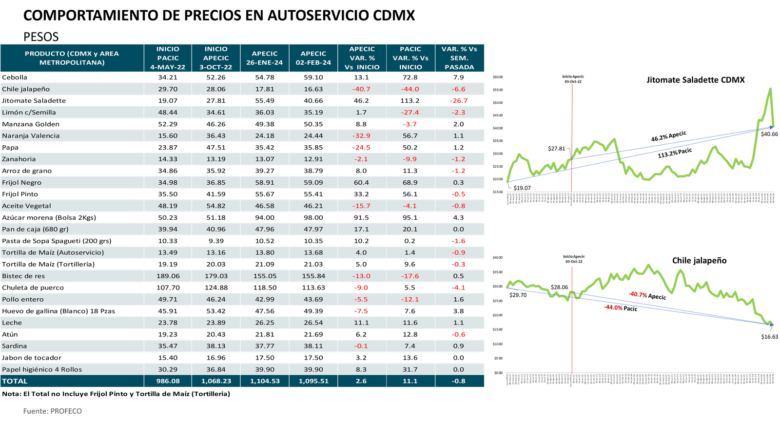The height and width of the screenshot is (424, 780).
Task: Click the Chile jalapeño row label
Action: [x=26, y=89]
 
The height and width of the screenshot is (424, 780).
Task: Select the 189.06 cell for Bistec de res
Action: [x=168, y=276]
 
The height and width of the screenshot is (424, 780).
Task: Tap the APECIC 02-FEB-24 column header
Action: [x=313, y=58]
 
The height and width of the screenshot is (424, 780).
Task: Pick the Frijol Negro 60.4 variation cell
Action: [x=361, y=183]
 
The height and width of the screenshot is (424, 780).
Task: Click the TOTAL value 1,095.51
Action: [x=313, y=381]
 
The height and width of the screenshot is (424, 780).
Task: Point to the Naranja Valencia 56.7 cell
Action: [x=410, y=136]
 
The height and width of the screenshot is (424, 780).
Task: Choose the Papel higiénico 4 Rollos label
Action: [x=42, y=369]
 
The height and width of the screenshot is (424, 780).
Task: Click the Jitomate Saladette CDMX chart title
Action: [x=695, y=80]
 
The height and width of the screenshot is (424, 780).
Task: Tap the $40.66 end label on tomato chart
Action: [x=769, y=134]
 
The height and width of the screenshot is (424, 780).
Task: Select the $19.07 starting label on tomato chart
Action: [x=522, y=188]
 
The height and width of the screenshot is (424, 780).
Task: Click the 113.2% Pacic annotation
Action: [x=675, y=153]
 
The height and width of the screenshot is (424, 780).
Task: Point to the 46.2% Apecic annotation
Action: [x=668, y=136]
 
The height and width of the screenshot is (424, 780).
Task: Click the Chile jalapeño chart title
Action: [x=699, y=260]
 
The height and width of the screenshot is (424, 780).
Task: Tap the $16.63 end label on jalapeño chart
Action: [x=769, y=337]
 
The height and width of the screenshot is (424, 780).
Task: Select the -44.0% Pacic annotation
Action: [x=621, y=308]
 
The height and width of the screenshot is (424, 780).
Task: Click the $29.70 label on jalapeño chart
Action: [x=518, y=295]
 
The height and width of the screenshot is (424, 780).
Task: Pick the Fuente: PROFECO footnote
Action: [x=53, y=411]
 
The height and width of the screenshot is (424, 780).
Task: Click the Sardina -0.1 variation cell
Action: [x=361, y=346]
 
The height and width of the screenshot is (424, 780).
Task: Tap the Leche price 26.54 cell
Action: [x=313, y=323]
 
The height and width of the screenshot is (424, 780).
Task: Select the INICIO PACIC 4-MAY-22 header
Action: [x=168, y=58]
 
